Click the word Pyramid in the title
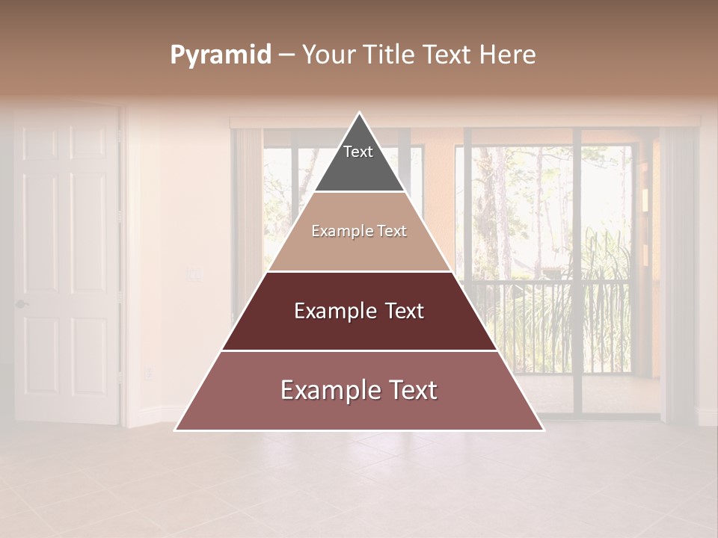click(221, 55)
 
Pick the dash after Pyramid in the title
click(286, 55)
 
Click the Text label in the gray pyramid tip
click(358, 152)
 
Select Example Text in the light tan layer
click(359, 232)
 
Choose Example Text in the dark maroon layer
click(359, 311)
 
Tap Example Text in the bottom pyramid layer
click(359, 390)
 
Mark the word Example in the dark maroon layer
click(334, 311)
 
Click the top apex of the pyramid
click(360, 114)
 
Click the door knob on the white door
click(21, 303)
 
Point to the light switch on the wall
click(195, 275)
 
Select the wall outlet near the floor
click(147, 372)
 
